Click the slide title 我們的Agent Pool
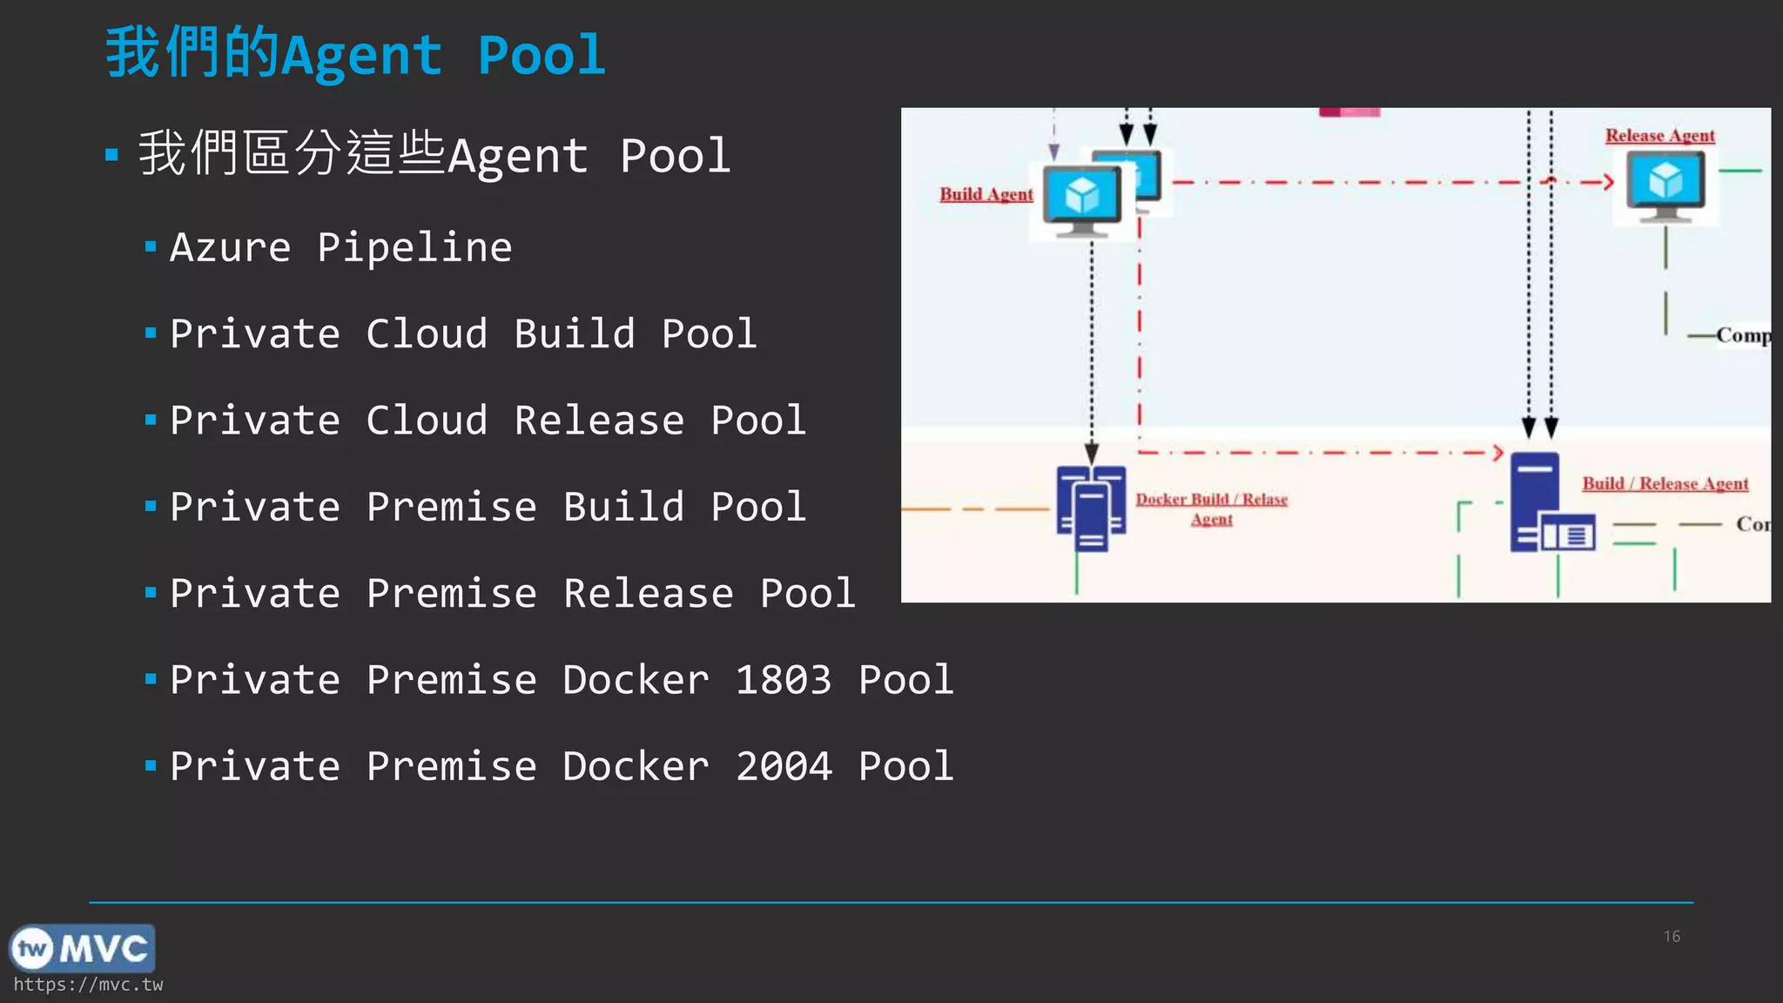point(355,54)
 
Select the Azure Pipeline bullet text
point(340,247)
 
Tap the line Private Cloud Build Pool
point(463,334)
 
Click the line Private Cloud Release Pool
point(488,421)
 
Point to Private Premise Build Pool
point(488,507)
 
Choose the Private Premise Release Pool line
point(513,593)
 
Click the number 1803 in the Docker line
point(783,680)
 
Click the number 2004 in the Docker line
point(783,766)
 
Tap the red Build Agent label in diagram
point(986,194)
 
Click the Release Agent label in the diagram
point(1659,136)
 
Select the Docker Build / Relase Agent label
point(1211,508)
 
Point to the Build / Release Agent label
point(1665,483)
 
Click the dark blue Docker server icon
point(1091,509)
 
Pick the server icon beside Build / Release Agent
point(1551,503)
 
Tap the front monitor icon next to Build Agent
point(1082,200)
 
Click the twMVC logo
point(82,948)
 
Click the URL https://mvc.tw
point(88,985)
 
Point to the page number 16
point(1672,936)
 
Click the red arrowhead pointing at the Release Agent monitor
point(1608,182)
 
